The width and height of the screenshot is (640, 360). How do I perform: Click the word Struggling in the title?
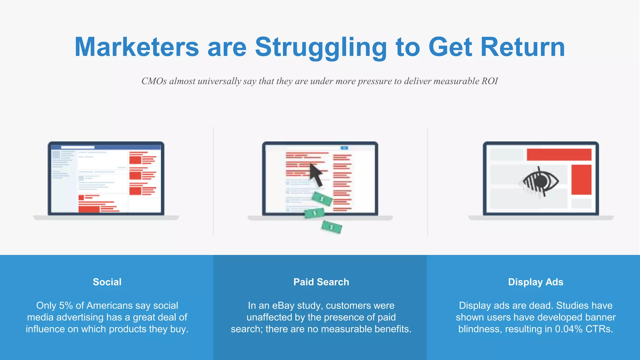[x=321, y=47]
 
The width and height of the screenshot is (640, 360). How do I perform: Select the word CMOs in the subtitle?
[x=154, y=81]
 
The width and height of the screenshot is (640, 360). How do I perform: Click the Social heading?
[x=107, y=282]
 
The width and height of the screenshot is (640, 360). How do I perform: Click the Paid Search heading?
[x=321, y=282]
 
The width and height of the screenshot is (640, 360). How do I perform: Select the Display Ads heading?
[x=536, y=282]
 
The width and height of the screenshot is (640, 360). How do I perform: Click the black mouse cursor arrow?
[x=316, y=175]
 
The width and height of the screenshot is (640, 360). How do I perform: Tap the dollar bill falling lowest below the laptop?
[x=332, y=227]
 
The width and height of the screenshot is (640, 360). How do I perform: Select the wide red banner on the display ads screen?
[x=559, y=155]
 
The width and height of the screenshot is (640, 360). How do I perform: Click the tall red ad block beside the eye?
[x=581, y=180]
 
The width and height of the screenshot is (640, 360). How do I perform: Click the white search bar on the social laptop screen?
[x=77, y=147]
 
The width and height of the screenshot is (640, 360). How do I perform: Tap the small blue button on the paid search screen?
[x=344, y=148]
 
